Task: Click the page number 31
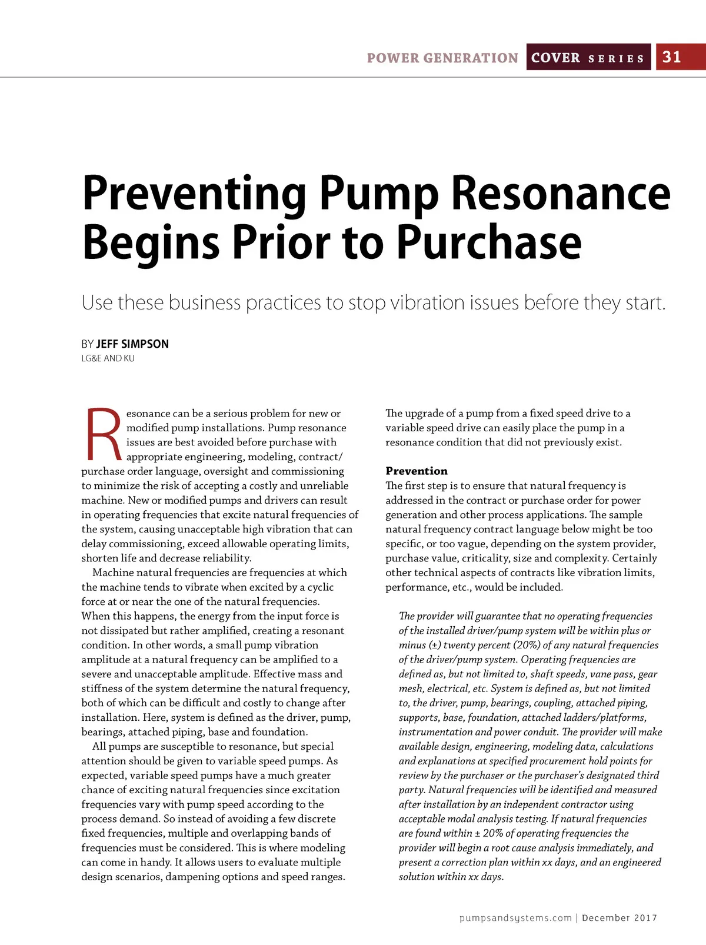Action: coord(672,57)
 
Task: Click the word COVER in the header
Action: coord(555,58)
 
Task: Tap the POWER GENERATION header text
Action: coord(442,58)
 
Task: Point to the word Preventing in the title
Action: coord(194,194)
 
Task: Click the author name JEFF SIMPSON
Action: coord(132,344)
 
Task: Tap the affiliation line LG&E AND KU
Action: coord(108,358)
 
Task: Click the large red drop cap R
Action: coord(104,434)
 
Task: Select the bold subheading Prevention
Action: coord(417,471)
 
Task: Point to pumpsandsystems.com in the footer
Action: coord(515,918)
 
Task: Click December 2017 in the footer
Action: coord(620,918)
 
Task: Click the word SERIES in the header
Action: coord(616,59)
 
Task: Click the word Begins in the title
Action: coord(151,243)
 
